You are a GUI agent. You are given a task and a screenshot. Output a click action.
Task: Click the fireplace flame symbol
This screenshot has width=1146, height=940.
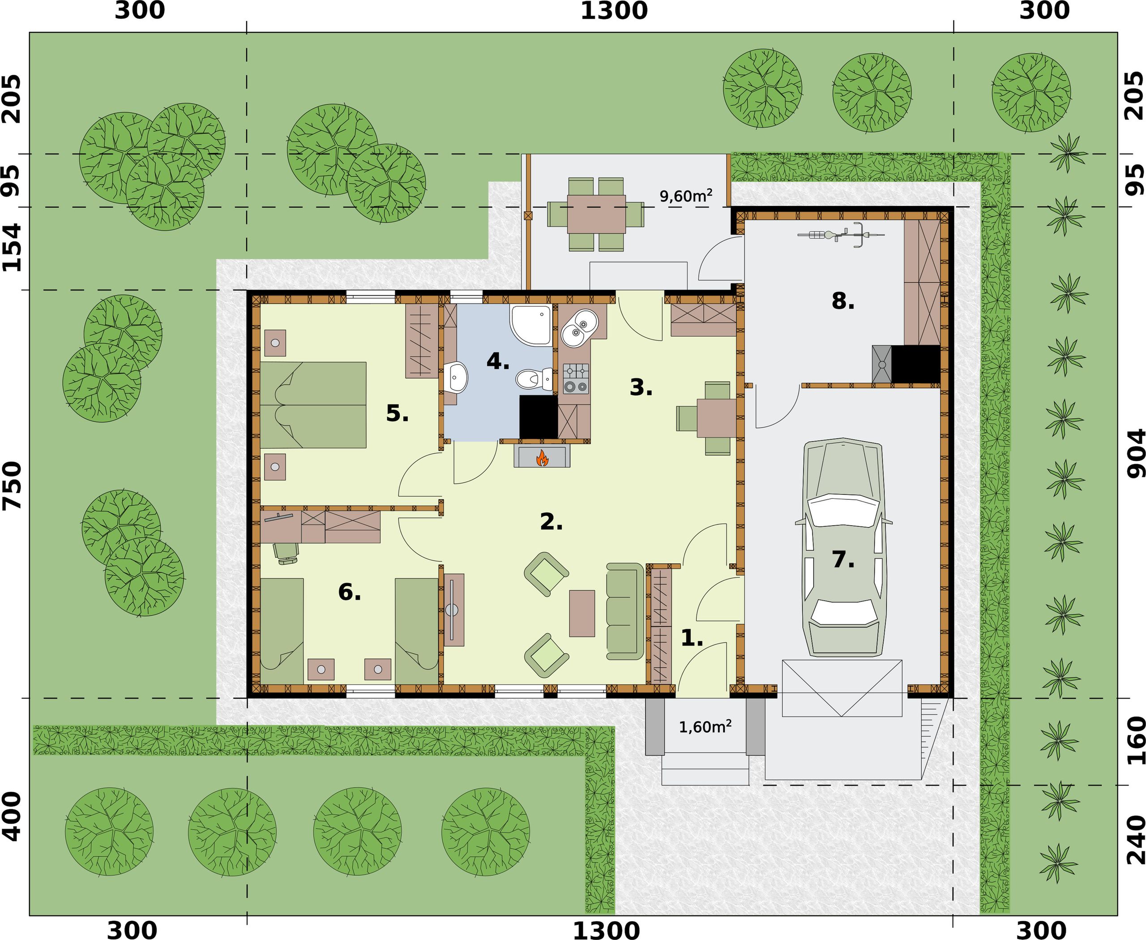[541, 458]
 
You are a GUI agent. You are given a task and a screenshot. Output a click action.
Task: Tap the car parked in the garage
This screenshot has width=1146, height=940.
[843, 547]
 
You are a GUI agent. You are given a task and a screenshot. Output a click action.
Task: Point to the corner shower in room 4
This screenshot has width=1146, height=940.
[530, 324]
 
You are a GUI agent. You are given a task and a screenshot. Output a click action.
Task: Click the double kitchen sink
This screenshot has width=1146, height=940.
[578, 327]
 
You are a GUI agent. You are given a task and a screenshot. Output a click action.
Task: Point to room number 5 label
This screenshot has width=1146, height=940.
[397, 414]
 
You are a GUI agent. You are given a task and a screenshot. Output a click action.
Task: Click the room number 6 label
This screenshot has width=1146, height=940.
[349, 592]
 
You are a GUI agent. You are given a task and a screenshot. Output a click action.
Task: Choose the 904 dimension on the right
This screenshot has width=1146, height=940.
[1136, 453]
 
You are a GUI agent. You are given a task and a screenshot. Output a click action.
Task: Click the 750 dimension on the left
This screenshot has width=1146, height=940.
[12, 486]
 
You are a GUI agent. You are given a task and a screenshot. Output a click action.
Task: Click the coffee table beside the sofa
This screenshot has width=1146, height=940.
[582, 613]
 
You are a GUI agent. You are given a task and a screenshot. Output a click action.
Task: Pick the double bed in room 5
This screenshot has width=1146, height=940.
[313, 404]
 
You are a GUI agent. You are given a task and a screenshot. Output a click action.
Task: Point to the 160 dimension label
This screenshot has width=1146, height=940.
[1136, 740]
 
